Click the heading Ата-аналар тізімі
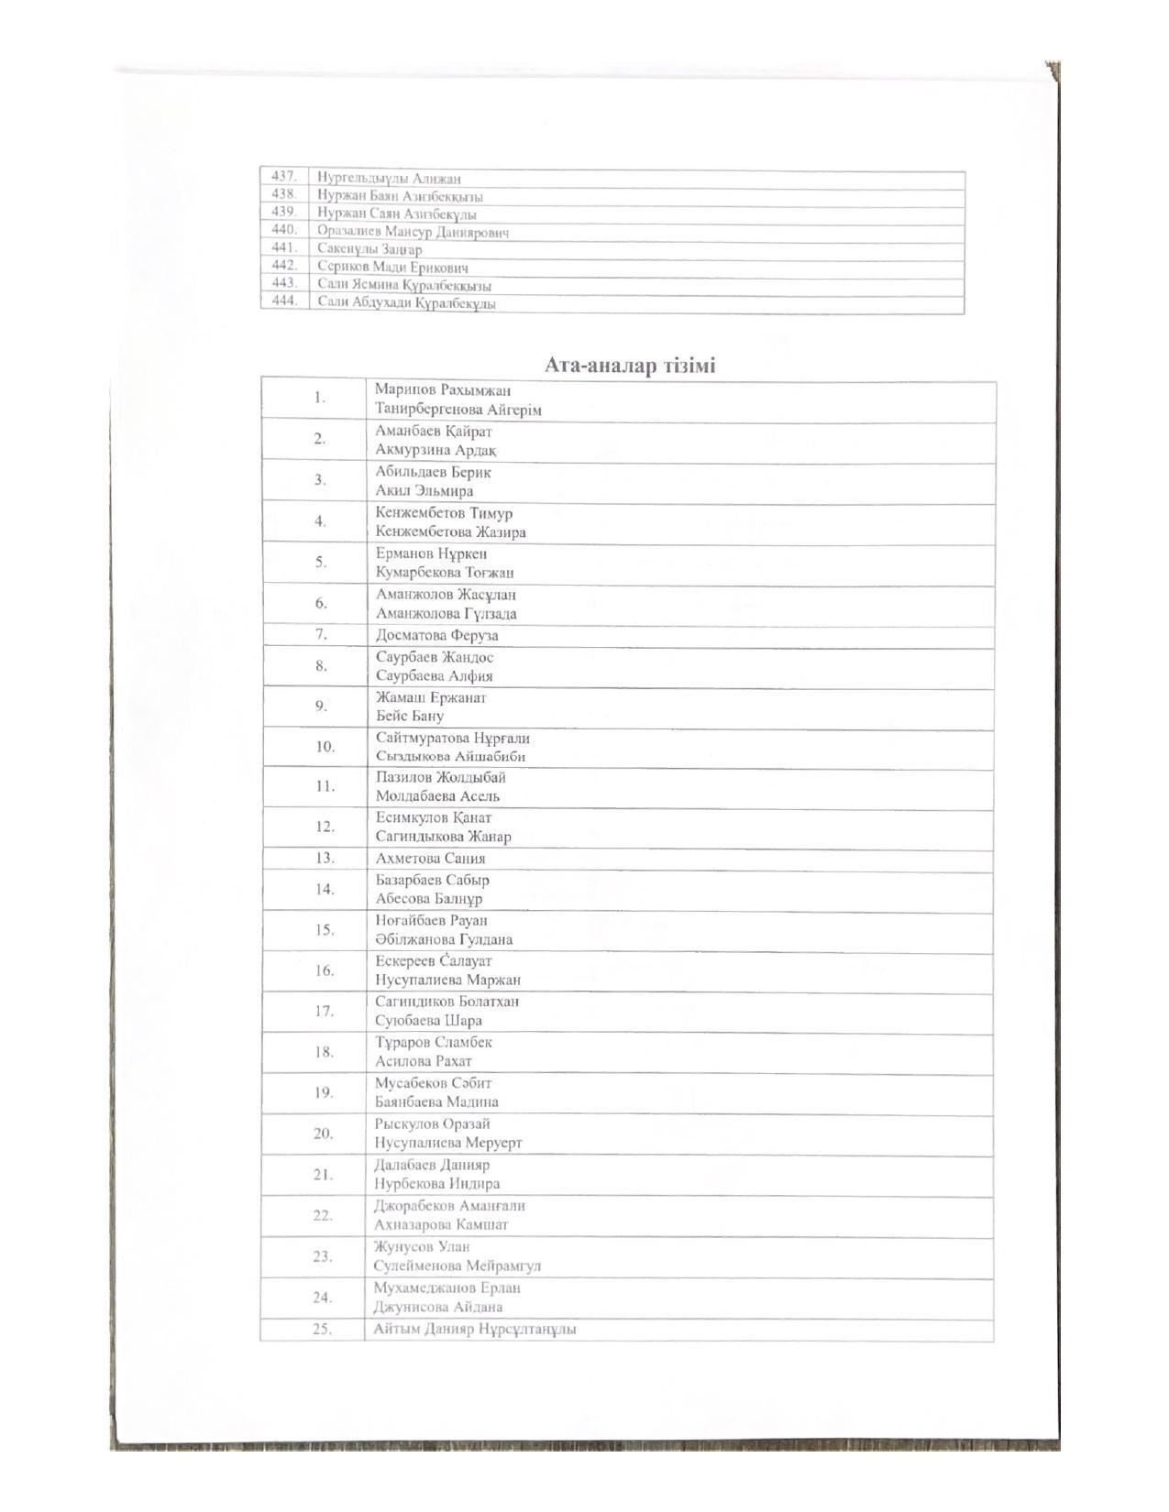(630, 366)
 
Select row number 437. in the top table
(283, 176)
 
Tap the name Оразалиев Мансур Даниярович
(413, 232)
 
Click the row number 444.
(284, 301)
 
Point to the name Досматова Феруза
(436, 635)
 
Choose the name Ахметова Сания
(430, 859)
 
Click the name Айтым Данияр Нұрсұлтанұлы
(475, 1329)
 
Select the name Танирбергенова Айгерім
(458, 410)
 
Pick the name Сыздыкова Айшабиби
(450, 757)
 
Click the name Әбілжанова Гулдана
(444, 939)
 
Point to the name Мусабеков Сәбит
(433, 1083)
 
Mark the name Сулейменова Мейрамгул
(457, 1265)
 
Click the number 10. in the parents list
(325, 747)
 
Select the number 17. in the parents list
(324, 1011)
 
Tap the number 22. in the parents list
(322, 1215)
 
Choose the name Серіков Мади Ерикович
(392, 268)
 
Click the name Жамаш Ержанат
(431, 697)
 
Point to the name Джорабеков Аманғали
(449, 1206)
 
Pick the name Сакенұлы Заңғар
(369, 249)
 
